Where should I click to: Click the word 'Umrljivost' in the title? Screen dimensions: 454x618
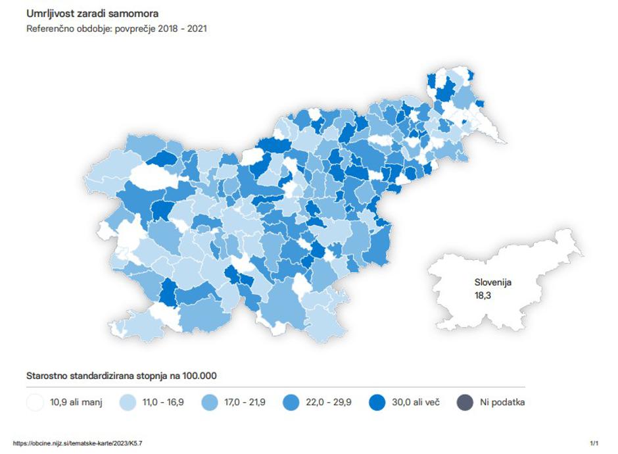(x=49, y=13)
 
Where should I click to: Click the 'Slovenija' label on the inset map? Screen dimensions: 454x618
(x=492, y=282)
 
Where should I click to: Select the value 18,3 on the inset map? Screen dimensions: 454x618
(x=483, y=295)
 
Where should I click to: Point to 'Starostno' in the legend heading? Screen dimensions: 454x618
(x=47, y=376)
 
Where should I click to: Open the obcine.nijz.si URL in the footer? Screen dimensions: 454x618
(x=78, y=443)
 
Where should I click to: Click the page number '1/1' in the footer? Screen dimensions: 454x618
(x=594, y=443)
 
